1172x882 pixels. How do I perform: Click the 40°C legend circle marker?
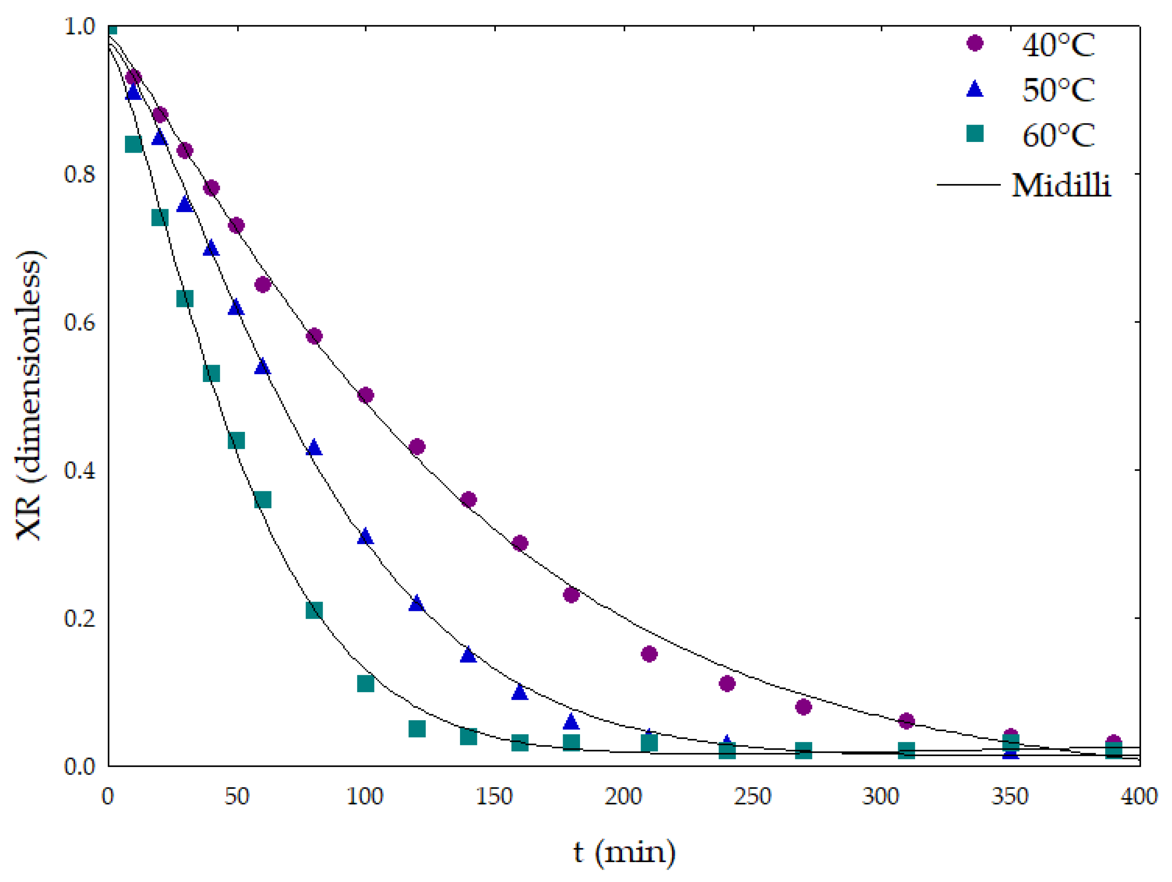click(974, 43)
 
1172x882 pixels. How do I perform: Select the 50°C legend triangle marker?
click(974, 89)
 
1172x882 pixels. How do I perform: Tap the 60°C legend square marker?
click(974, 134)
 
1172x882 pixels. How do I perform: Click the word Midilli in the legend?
click(1061, 185)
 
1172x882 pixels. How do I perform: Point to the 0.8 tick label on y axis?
click(80, 174)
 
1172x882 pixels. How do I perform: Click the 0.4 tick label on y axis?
click(80, 470)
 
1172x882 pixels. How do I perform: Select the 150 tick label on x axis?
click(494, 796)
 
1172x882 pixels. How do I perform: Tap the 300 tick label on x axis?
click(881, 796)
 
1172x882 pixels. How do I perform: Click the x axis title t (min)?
click(624, 852)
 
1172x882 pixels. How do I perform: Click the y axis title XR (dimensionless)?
click(29, 395)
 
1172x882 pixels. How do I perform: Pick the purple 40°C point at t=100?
click(366, 395)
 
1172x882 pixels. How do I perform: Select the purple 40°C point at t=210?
click(649, 654)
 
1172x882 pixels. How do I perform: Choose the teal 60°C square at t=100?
click(366, 684)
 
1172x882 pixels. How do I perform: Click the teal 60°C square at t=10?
click(134, 144)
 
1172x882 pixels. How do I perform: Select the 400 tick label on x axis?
click(1139, 796)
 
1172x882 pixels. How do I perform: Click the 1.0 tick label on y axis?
click(80, 26)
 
